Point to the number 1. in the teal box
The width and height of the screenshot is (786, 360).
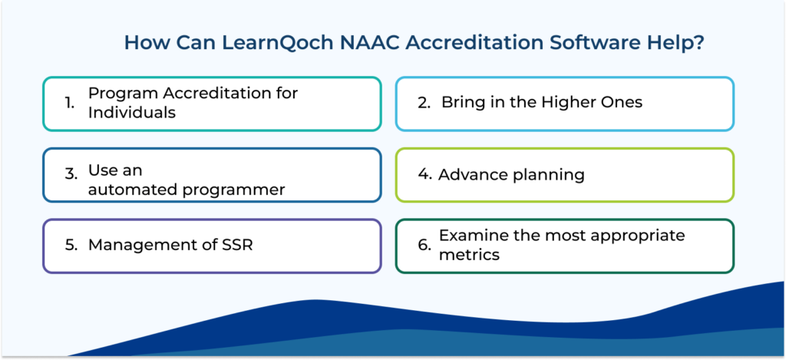click(x=70, y=104)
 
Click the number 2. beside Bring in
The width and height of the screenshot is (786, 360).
click(x=424, y=103)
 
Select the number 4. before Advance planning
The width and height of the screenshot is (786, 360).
click(x=424, y=175)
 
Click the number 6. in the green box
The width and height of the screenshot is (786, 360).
click(x=424, y=246)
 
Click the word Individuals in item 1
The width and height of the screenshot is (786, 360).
click(x=132, y=113)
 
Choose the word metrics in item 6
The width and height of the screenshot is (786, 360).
click(x=469, y=255)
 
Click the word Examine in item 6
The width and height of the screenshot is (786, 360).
click(x=471, y=235)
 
